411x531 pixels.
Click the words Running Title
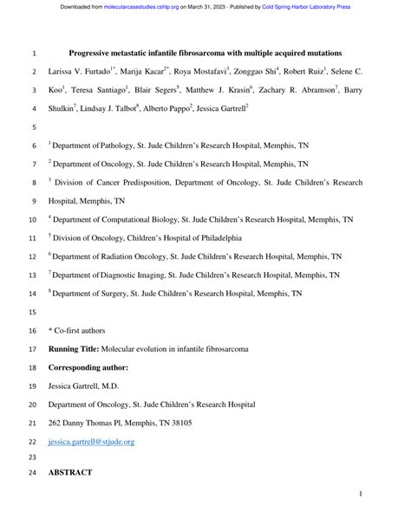pyautogui.click(x=73, y=349)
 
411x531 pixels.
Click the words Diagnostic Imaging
pyautogui.click(x=131, y=275)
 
